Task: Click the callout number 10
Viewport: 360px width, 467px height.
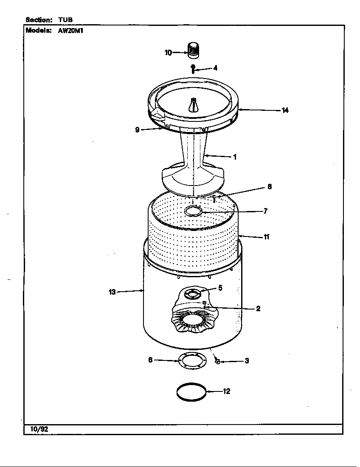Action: point(168,53)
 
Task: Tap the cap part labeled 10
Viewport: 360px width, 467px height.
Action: point(194,49)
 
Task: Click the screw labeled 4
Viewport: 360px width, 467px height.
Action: point(193,68)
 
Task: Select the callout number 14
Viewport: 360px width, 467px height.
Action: point(285,110)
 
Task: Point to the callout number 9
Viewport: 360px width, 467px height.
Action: point(137,130)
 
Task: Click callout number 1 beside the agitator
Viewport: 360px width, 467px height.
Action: point(235,157)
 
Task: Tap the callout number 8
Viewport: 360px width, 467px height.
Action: point(270,186)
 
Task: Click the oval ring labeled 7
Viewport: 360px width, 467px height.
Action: point(193,211)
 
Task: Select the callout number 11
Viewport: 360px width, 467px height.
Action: point(267,237)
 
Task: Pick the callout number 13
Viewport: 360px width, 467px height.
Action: point(112,292)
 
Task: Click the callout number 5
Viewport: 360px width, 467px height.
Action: point(220,288)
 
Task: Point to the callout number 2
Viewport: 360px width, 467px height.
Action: point(258,309)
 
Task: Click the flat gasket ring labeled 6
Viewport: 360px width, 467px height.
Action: point(192,360)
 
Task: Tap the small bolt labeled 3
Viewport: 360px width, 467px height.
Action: point(217,361)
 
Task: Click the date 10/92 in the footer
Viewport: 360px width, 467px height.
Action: point(39,429)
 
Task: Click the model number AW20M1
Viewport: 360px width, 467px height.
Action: point(70,31)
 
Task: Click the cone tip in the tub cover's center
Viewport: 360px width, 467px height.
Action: point(194,101)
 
